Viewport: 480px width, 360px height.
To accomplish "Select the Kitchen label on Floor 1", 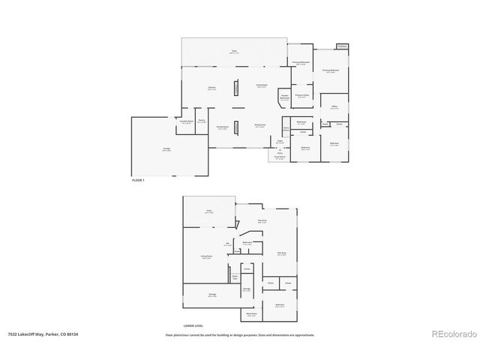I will pos(212,88).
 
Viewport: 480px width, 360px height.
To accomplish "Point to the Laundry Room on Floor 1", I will pos(186,122).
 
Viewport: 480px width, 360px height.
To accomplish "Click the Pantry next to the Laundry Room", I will pos(202,121).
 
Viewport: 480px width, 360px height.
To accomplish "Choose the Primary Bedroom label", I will pos(331,71).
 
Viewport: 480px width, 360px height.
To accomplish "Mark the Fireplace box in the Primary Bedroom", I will pos(343,46).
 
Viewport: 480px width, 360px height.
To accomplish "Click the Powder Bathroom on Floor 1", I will pos(285,97).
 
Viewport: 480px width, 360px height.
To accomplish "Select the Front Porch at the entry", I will pos(280,158).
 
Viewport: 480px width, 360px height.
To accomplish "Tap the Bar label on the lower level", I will pos(227,244).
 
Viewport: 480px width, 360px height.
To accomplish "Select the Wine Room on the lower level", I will pos(252,316).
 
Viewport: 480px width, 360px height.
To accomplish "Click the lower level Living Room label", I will pos(204,257).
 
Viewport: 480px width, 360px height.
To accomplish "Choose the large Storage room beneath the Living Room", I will pos(211,295).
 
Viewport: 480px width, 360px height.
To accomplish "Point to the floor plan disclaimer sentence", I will pos(240,335).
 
